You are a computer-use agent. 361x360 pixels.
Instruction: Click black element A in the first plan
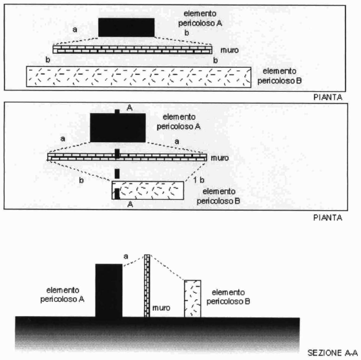[126, 27]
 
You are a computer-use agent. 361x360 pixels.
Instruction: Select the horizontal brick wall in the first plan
[132, 50]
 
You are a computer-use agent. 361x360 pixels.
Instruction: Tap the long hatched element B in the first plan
[139, 77]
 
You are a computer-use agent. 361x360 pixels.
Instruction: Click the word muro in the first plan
[229, 50]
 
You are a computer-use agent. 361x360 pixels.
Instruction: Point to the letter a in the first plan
[75, 30]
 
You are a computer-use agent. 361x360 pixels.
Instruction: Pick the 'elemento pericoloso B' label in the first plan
[280, 76]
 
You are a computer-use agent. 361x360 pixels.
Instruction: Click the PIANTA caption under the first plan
[327, 97]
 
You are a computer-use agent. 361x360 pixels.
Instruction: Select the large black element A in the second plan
[118, 127]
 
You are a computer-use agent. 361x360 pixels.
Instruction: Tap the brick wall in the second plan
[127, 157]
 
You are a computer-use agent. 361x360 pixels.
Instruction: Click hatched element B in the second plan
[148, 191]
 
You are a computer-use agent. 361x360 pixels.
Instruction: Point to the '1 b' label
[198, 180]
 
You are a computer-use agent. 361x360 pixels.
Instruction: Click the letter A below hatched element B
[130, 204]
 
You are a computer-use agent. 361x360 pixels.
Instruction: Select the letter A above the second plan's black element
[130, 108]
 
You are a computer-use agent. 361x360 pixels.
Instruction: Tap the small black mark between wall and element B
[117, 174]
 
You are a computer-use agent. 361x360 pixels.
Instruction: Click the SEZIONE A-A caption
[333, 353]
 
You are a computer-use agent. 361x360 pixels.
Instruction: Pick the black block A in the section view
[109, 290]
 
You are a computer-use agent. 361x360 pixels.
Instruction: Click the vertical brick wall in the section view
[147, 286]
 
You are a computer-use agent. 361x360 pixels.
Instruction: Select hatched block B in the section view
[192, 299]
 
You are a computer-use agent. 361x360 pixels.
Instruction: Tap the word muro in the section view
[161, 308]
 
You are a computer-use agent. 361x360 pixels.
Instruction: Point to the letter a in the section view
[126, 257]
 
